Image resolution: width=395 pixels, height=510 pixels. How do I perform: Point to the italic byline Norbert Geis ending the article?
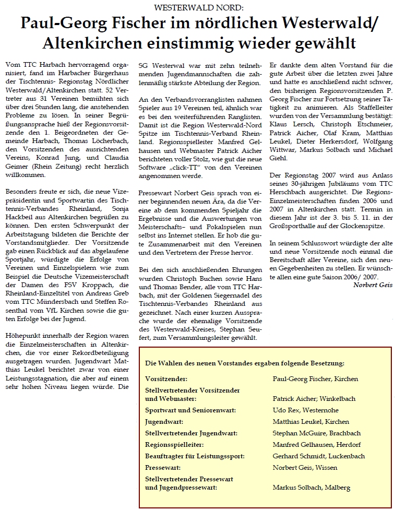372,285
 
